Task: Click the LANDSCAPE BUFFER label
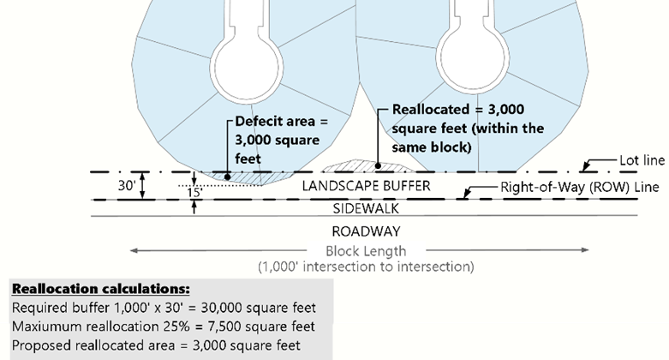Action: point(365,186)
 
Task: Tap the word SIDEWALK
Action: point(367,208)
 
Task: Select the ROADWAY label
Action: point(366,231)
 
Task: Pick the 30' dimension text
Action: point(126,184)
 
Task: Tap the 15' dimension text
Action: point(196,194)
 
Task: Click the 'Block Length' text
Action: point(366,251)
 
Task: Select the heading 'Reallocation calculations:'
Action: point(101,288)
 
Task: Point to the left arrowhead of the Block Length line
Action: point(133,250)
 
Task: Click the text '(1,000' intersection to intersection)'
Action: point(366,267)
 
